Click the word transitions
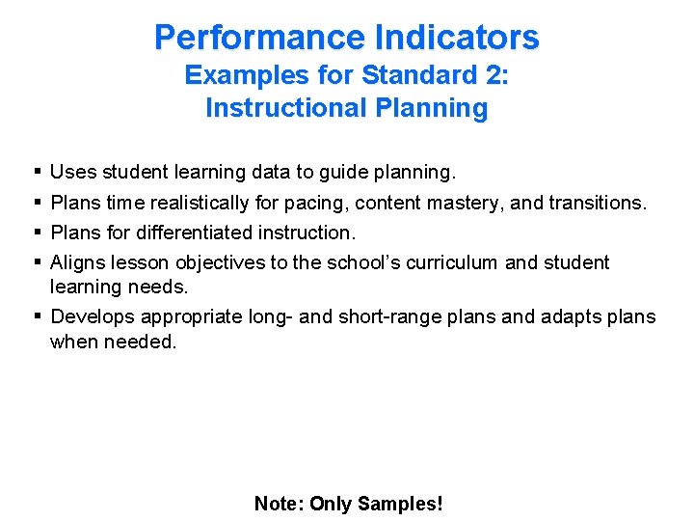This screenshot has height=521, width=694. tap(598, 203)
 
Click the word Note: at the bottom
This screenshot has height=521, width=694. tap(279, 504)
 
